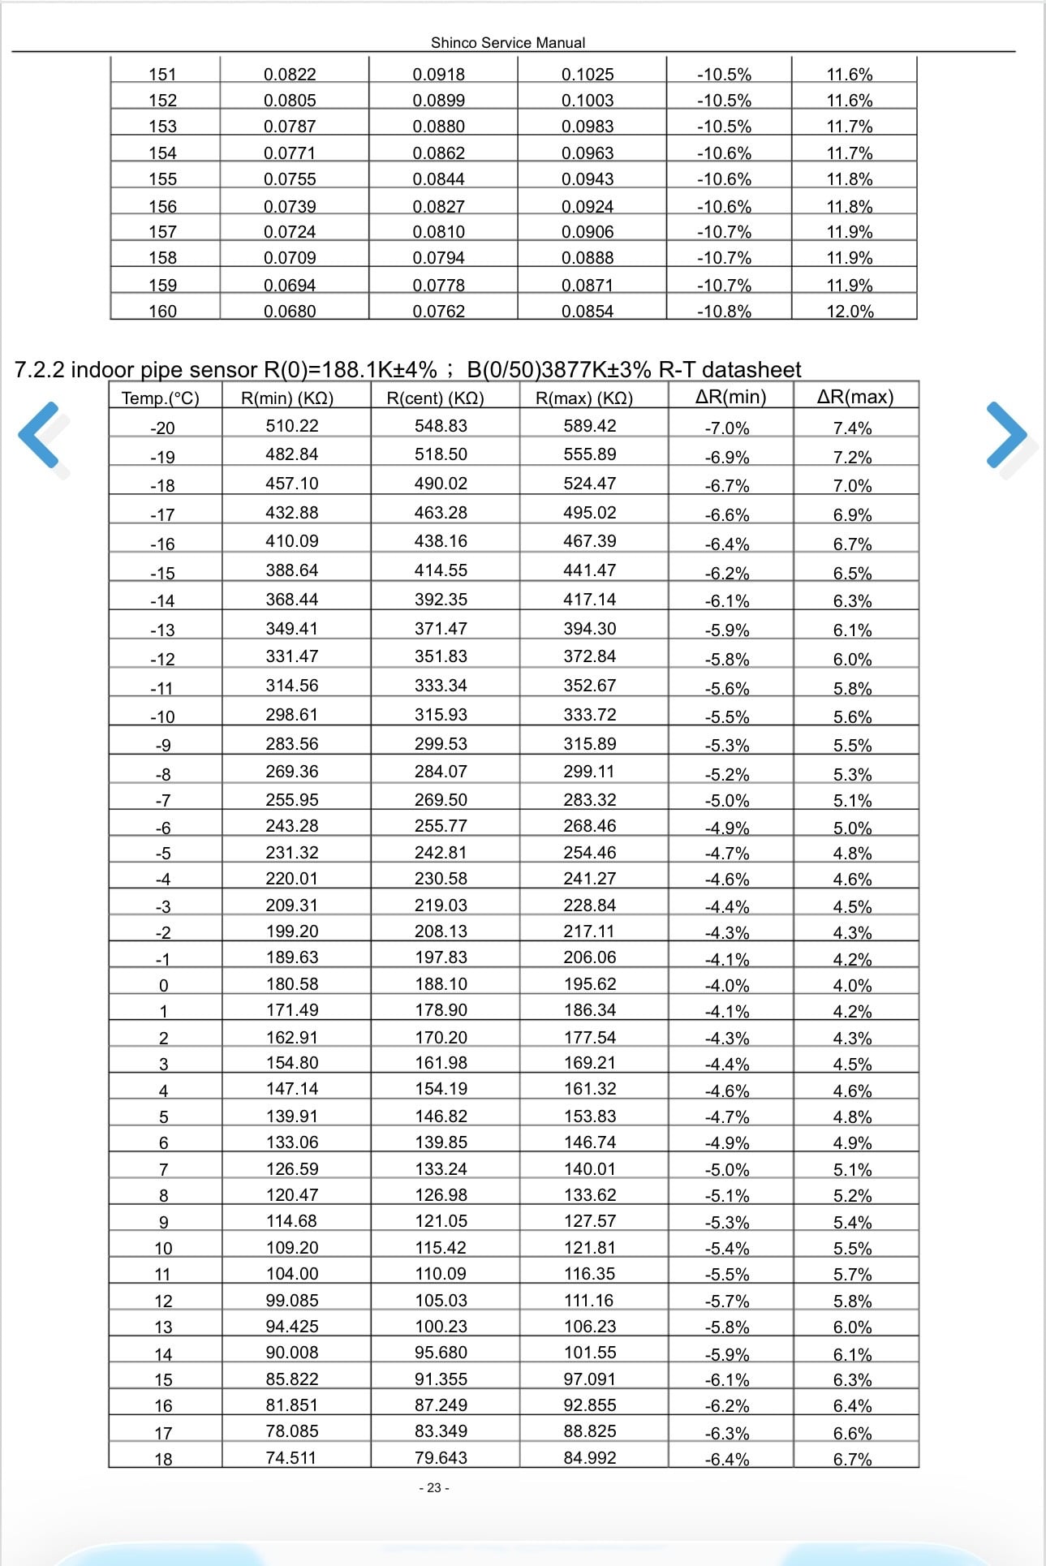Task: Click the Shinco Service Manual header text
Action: [x=507, y=42]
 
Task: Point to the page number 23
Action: [x=434, y=1487]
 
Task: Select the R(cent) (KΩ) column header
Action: [x=436, y=398]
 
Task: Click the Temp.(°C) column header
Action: [x=160, y=398]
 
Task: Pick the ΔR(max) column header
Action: [x=854, y=397]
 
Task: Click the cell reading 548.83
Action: [x=441, y=426]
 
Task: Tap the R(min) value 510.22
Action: [x=291, y=426]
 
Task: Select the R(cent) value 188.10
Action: [x=441, y=984]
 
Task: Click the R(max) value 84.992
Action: [x=590, y=1457]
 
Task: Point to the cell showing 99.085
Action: [x=291, y=1300]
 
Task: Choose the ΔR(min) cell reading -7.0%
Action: [x=726, y=428]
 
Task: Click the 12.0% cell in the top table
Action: [x=850, y=311]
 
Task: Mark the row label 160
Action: [x=162, y=311]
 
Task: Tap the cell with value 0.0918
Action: [x=438, y=75]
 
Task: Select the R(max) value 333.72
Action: [x=590, y=715]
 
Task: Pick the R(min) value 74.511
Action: [x=291, y=1457]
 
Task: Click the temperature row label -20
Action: [x=162, y=428]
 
